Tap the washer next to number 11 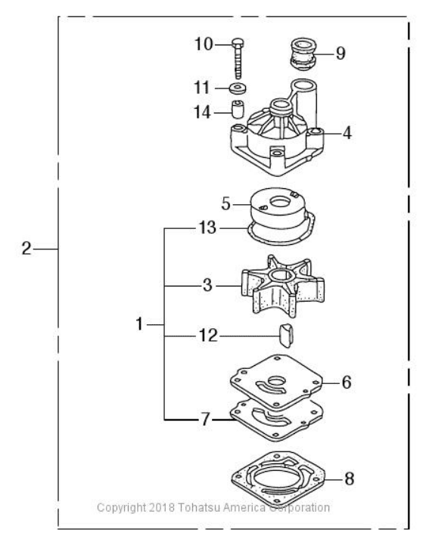(x=238, y=88)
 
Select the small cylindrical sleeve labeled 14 (x=238, y=109)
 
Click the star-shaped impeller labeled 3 (x=283, y=286)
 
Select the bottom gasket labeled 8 (x=278, y=479)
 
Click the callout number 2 (x=26, y=249)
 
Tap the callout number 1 (x=139, y=324)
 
